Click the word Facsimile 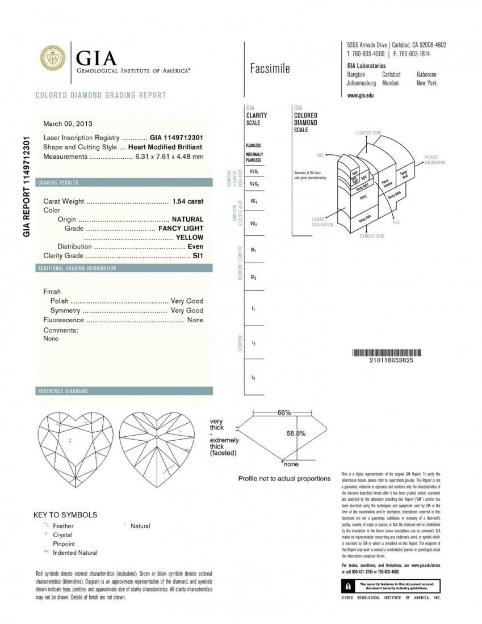click(270, 69)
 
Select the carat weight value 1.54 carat click(187, 201)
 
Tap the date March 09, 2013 click(68, 123)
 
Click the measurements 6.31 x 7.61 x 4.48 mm click(169, 157)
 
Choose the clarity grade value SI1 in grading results click(198, 256)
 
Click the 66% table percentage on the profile click(284, 412)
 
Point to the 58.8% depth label click(296, 433)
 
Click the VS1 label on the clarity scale click(254, 201)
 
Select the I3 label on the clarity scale click(253, 377)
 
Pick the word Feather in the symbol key click(63, 526)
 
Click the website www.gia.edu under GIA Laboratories click(360, 95)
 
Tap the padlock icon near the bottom click(346, 585)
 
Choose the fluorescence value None click(195, 320)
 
